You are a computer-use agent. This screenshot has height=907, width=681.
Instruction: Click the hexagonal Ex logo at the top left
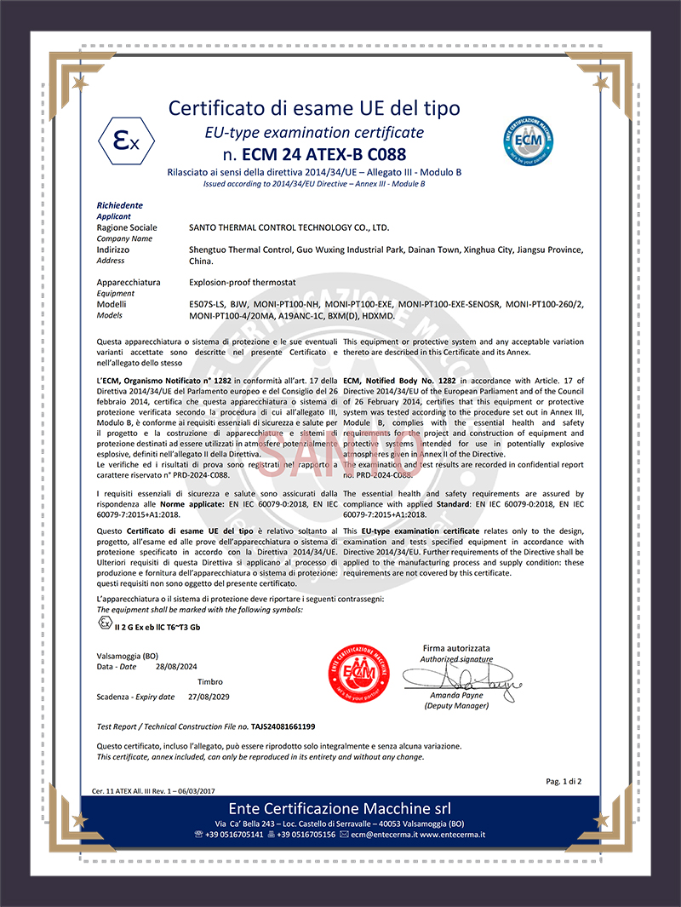coord(125,141)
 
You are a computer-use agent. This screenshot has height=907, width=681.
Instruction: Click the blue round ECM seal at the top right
coord(534,135)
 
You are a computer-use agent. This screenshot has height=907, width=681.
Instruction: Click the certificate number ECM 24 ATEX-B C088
coord(313,155)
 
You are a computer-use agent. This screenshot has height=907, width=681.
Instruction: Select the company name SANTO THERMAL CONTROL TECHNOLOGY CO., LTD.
coord(289,228)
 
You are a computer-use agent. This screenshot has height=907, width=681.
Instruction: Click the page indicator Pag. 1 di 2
coord(564,781)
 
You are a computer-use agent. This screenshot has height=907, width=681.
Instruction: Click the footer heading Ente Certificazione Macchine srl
coord(339,807)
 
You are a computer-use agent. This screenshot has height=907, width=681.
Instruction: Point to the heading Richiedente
coord(120,206)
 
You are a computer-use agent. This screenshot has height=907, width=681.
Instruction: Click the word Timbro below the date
coord(210,682)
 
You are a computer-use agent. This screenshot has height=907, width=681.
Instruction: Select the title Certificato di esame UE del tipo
coord(314,108)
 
